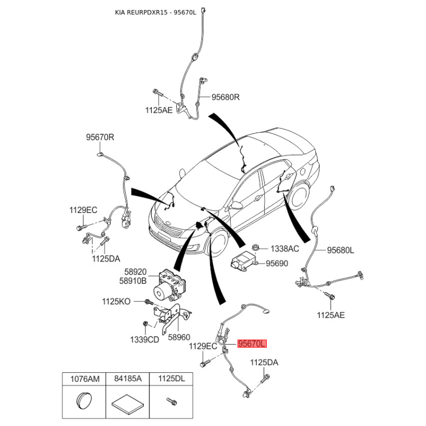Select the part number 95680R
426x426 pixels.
(226, 97)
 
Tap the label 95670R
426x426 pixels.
(100, 137)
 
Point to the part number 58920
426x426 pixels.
(135, 271)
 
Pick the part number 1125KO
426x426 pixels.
(116, 301)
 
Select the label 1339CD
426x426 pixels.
(145, 340)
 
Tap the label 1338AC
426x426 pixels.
(285, 249)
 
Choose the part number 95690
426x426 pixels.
(277, 263)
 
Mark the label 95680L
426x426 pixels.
(340, 250)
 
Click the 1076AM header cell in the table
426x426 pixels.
(81, 379)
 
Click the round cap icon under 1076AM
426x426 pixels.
(82, 400)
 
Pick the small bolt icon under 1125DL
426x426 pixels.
(170, 400)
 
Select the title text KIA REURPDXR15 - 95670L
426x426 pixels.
(156, 12)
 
